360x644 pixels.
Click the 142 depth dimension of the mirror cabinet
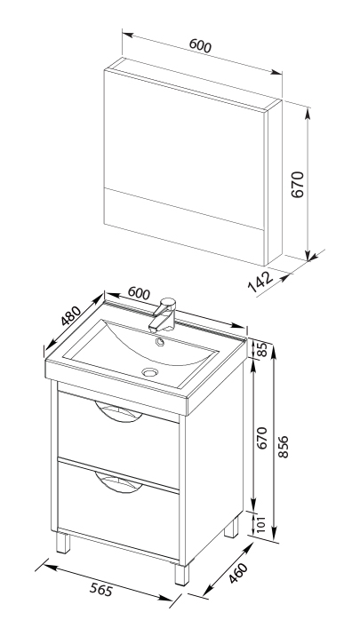coord(260,282)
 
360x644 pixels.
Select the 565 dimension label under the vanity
coord(100,591)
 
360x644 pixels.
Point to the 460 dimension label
coord(238,573)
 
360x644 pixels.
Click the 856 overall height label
coord(284,447)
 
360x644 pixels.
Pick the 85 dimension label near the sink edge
coord(262,349)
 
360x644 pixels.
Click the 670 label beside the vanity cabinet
coord(262,438)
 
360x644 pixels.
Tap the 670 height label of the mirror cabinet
coord(297,185)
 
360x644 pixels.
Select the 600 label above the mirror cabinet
coord(200,45)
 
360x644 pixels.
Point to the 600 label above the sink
coord(139,293)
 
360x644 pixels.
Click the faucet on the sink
coord(163,314)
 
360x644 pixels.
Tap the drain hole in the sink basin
coord(149,372)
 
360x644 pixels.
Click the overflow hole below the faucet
coord(159,341)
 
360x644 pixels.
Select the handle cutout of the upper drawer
coord(118,411)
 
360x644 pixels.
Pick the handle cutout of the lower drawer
coord(118,482)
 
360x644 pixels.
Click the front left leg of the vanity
coord(63,543)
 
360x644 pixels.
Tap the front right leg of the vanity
coord(181,573)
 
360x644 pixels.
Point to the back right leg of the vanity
coord(231,527)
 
